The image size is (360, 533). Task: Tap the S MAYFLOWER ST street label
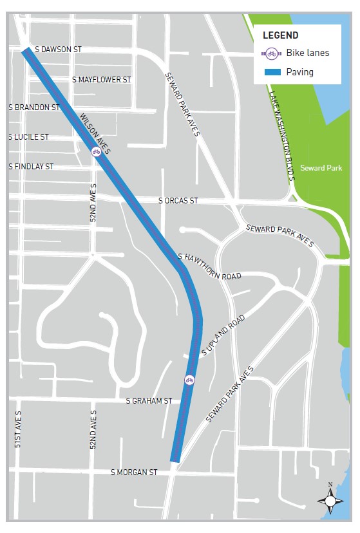coord(102,80)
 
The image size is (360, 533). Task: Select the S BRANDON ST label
coord(34,108)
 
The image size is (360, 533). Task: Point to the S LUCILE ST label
coord(29,137)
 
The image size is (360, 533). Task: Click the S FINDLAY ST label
coord(31,167)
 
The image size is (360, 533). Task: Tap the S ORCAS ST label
coord(178,201)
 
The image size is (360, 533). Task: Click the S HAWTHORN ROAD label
coord(209,266)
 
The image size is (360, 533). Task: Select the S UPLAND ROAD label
coord(223,335)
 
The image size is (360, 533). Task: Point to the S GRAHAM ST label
coord(149,400)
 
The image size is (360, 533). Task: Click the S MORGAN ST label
coord(134,472)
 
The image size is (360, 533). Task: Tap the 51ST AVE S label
coord(19,429)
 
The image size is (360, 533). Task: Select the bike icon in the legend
coord(272,53)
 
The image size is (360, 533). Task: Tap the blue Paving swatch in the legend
coord(271,72)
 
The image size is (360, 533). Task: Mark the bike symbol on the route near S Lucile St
coord(95,152)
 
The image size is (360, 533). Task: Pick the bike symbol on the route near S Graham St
coord(189,380)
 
